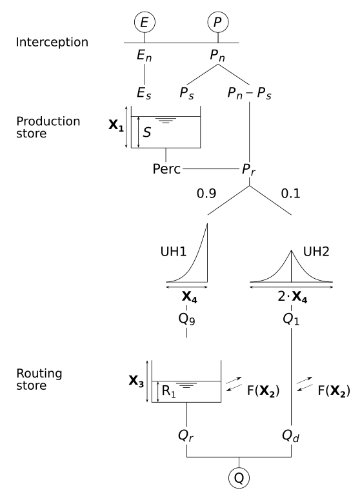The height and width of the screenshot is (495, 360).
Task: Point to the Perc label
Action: [x=166, y=170]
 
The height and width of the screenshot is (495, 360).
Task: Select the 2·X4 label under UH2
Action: [x=292, y=298]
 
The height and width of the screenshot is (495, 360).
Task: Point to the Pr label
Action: [x=249, y=170]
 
